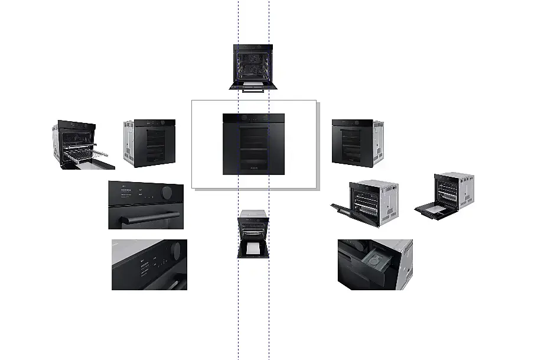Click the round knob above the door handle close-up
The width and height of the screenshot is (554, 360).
tap(168, 193)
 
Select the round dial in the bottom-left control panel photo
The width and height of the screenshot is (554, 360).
tap(175, 251)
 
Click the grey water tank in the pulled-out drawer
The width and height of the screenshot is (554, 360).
tap(373, 261)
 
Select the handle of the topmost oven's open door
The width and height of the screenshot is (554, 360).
tap(253, 91)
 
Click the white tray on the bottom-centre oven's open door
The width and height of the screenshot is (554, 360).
tap(253, 249)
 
